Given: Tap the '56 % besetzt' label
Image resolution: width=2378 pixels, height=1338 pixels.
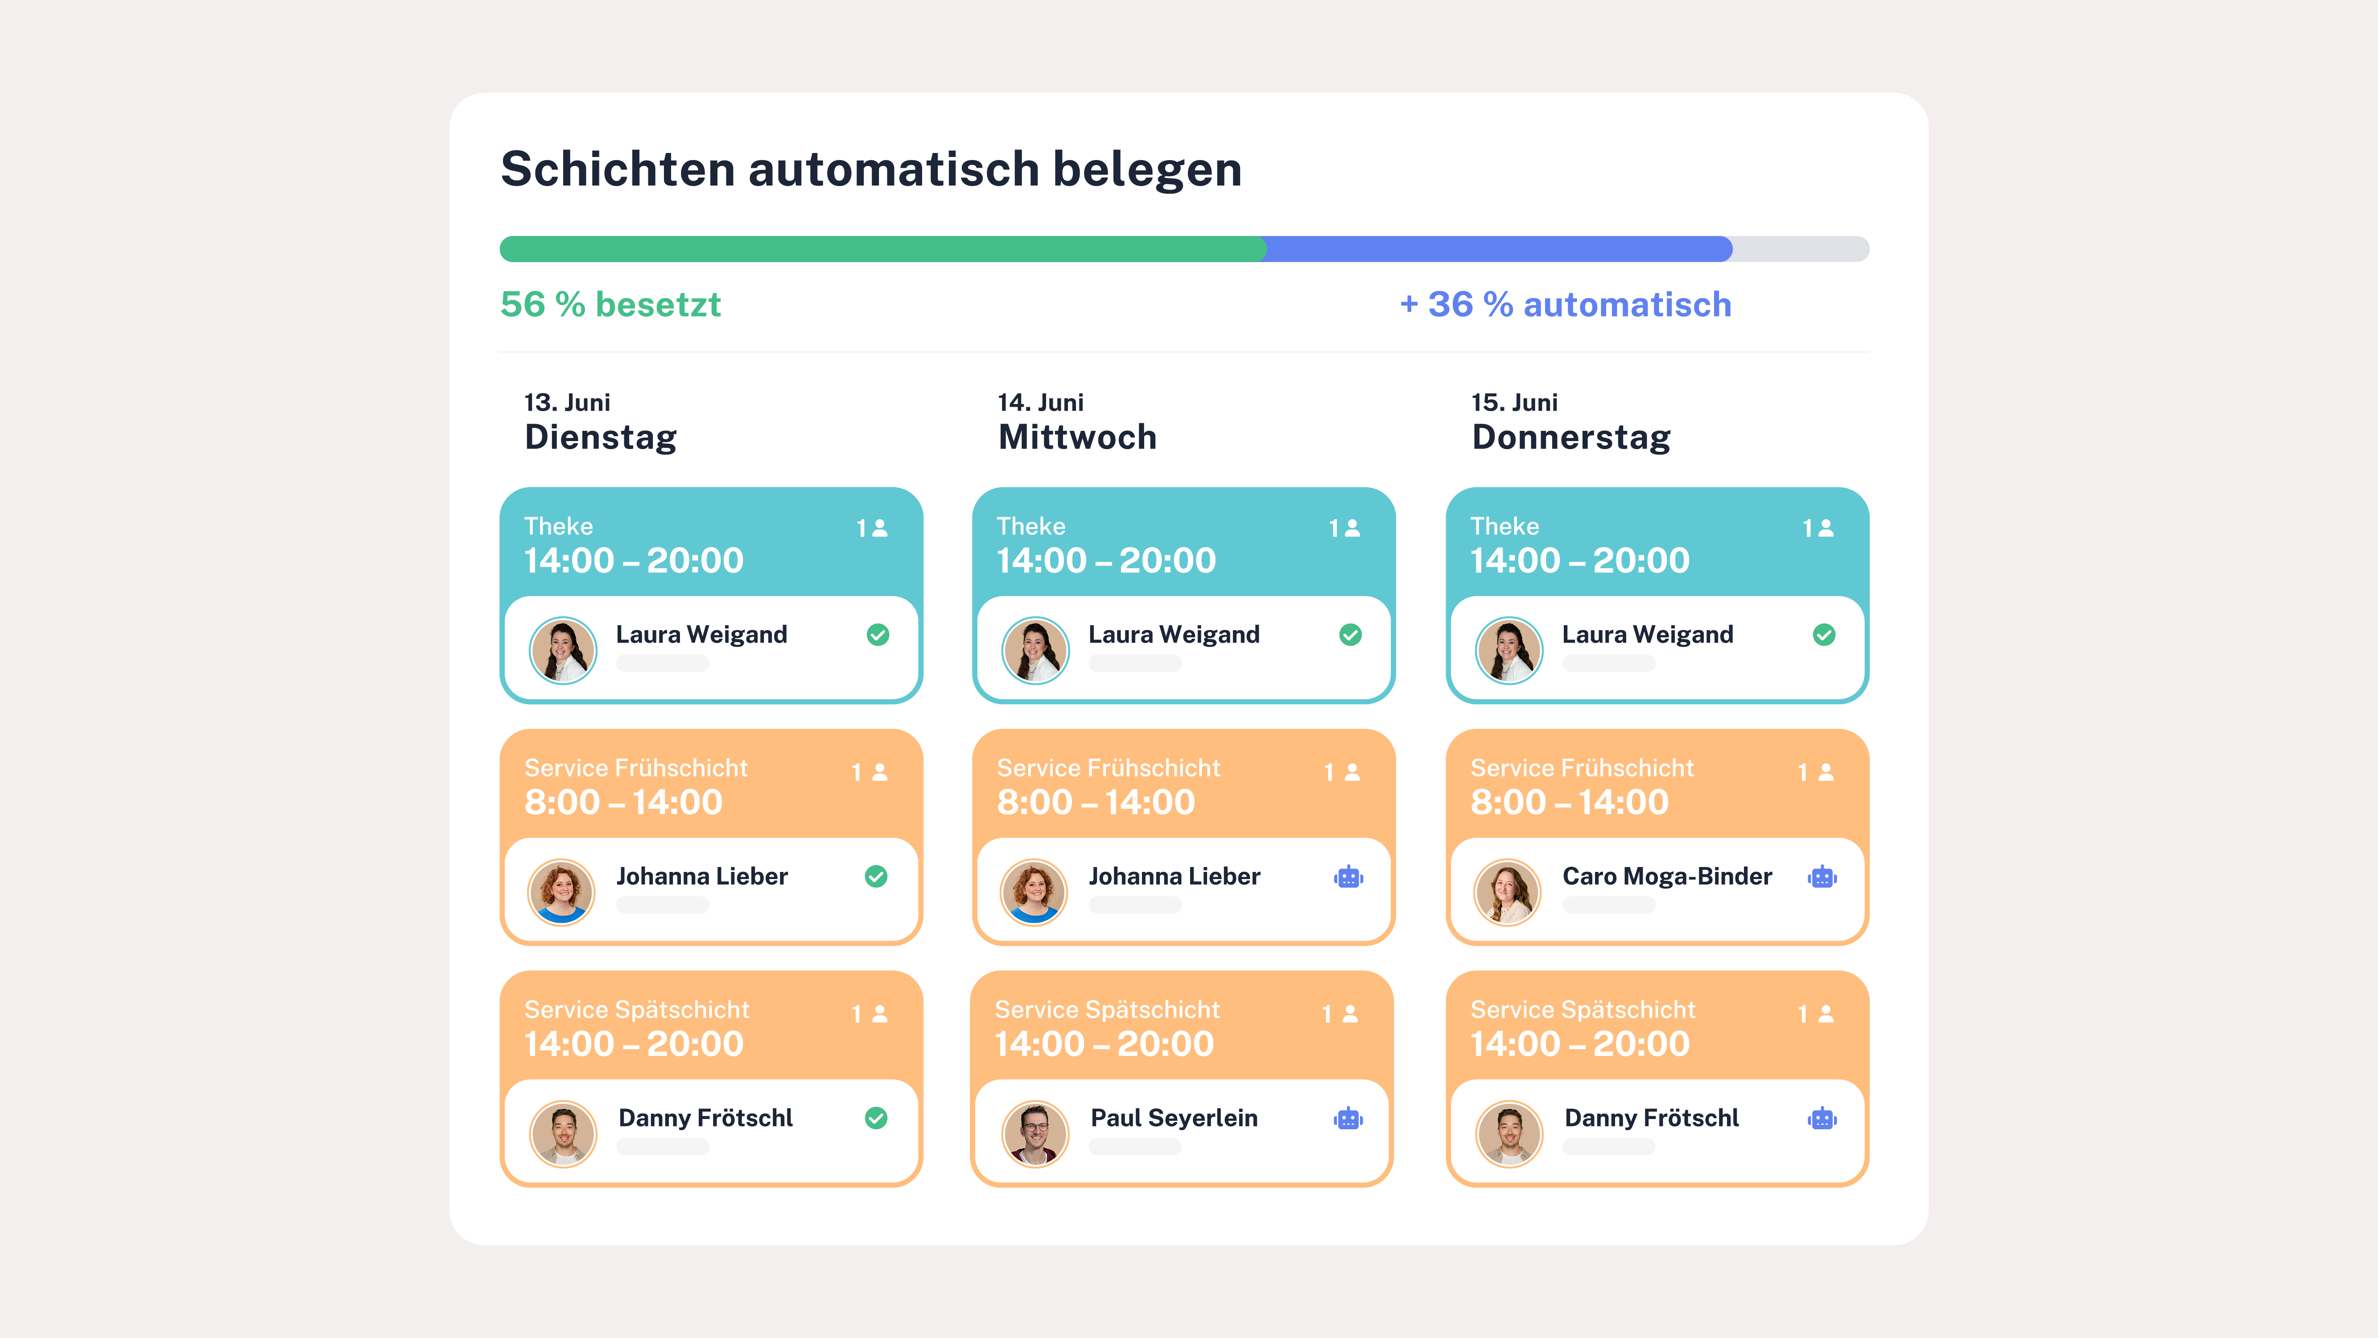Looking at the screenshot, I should coord(610,305).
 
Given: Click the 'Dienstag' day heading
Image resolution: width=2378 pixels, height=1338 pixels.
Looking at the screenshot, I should coord(600,437).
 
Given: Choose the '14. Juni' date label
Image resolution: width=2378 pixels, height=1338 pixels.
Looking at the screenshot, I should coord(1040,403).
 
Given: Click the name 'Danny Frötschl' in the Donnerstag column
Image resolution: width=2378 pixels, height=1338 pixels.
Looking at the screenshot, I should coord(1652,1118).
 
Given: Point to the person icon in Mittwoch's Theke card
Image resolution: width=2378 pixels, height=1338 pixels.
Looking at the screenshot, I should coord(1352,528).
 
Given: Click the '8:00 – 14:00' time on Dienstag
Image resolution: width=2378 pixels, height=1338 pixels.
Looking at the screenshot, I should coord(623,802).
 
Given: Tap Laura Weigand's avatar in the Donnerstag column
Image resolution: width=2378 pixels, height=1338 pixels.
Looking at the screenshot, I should coord(1508,650).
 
